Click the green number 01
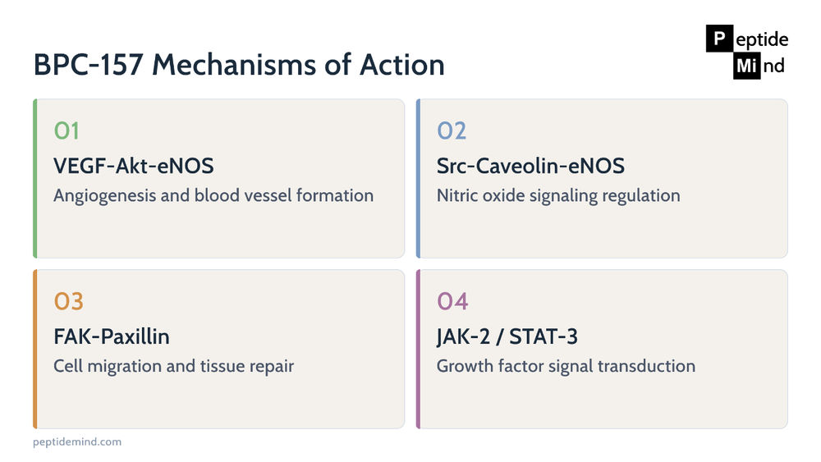pos(67,130)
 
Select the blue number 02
pos(452,130)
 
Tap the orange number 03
pos(69,301)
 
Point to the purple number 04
pos(452,301)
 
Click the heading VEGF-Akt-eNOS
pos(134,166)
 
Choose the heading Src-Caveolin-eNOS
pos(530,166)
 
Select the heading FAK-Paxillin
pos(112,336)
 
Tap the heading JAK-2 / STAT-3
pos(507,336)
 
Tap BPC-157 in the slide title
pos(89,65)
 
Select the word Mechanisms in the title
pos(234,65)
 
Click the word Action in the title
pos(401,65)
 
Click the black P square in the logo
pos(719,39)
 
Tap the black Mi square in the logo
pos(746,66)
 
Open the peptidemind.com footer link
pos(77,442)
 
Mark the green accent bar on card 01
pos(35,178)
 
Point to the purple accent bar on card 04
pos(419,349)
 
